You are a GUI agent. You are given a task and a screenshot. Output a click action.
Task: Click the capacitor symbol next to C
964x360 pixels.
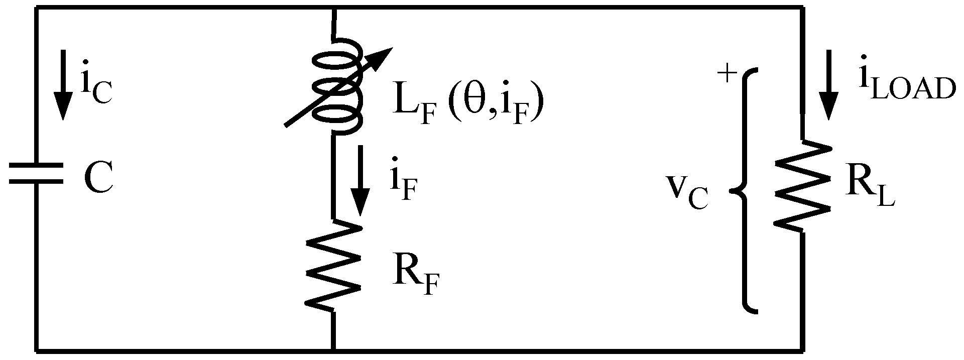click(36, 173)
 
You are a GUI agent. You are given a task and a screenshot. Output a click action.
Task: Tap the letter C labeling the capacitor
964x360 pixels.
click(98, 178)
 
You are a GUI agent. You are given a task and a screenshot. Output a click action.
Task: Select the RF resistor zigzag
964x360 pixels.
click(333, 265)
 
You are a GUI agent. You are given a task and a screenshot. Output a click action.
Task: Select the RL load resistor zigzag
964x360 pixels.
click(801, 186)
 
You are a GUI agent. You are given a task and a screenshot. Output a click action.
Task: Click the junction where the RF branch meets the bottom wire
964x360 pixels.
click(333, 349)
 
